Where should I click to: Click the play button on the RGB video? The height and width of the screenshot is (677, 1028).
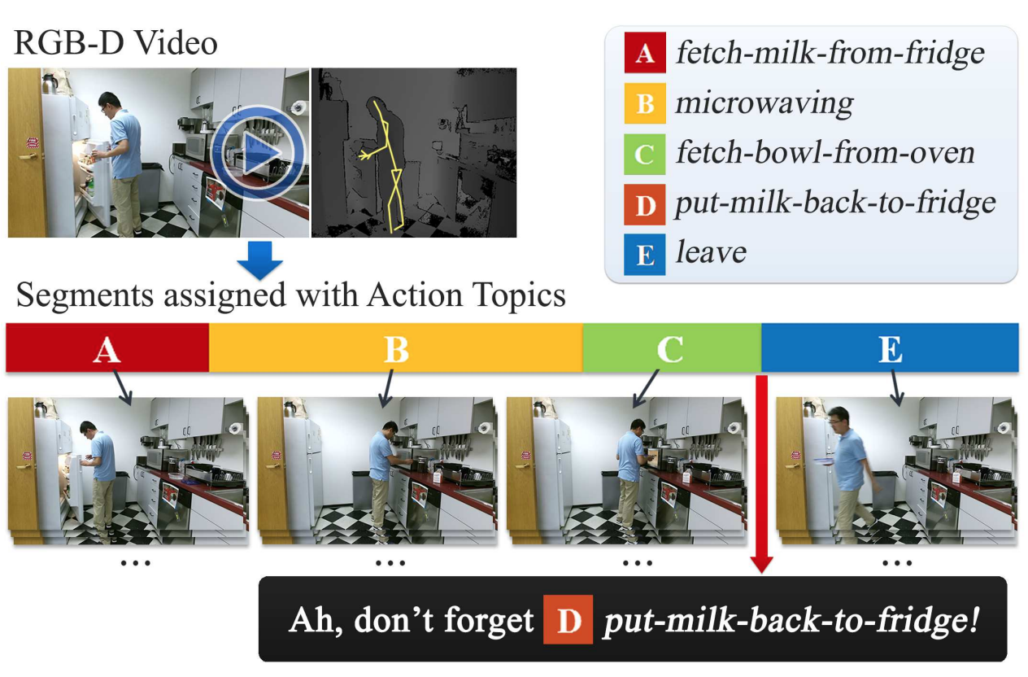pos(259,153)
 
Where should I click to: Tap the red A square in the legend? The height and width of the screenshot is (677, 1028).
pos(645,52)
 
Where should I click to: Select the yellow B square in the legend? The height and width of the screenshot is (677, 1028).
pos(645,103)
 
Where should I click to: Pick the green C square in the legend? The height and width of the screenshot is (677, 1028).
pos(645,154)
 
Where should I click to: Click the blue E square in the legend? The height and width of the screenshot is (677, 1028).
pos(645,255)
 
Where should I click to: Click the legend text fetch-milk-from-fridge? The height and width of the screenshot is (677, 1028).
pos(830,53)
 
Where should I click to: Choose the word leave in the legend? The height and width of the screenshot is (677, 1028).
pos(712,251)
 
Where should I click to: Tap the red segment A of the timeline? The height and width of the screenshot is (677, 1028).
pos(107,347)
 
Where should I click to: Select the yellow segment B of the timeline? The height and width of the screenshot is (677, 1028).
pos(396,347)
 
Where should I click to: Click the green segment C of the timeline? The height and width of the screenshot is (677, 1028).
pos(673,347)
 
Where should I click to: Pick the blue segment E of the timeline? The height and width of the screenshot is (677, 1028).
pos(891,347)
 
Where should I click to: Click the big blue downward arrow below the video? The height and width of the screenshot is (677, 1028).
pos(259,260)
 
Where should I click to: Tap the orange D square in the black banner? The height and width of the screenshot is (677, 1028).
pos(568,619)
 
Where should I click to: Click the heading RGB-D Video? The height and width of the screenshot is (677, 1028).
pos(115,43)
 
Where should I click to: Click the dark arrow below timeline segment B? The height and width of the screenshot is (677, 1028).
pos(387,389)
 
